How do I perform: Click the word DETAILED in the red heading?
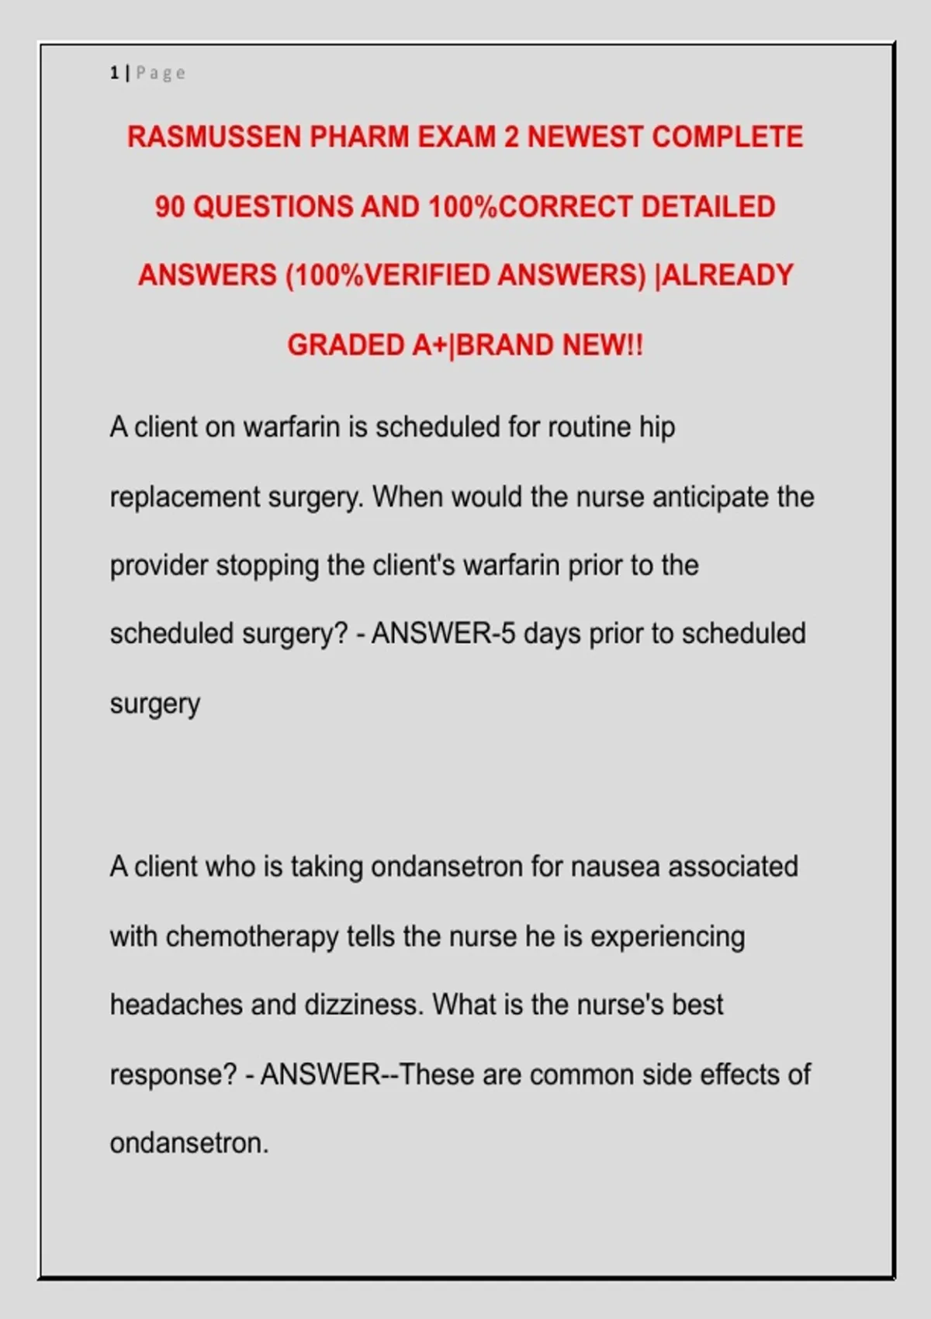point(708,207)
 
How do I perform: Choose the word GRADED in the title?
point(345,345)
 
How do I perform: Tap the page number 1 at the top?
point(114,73)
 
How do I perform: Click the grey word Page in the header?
point(161,73)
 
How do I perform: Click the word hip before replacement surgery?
point(657,428)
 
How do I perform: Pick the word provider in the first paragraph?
point(159,566)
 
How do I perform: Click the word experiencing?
point(667,936)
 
